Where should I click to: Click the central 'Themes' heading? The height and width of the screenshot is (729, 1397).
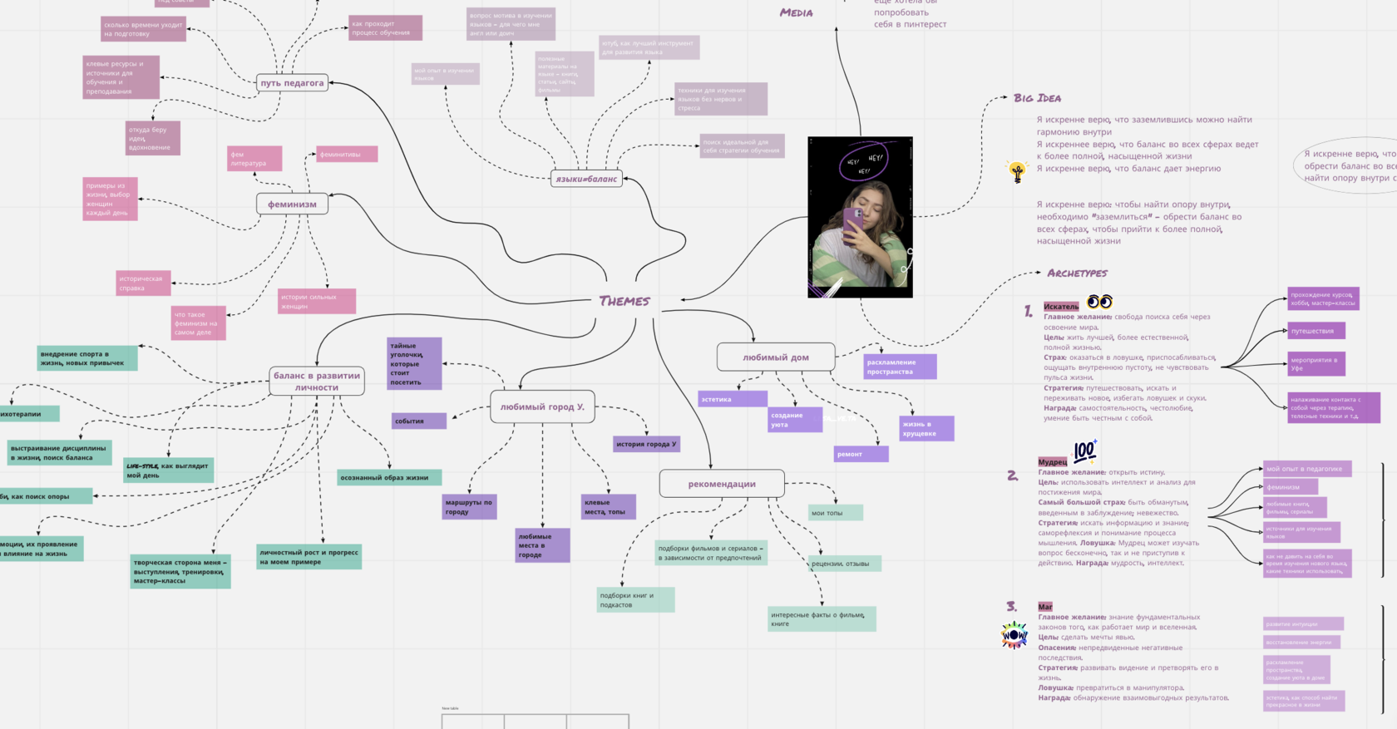[x=624, y=301]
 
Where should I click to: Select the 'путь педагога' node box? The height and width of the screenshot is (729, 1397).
[x=292, y=83]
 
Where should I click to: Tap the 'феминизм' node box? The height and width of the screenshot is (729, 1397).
[x=292, y=204]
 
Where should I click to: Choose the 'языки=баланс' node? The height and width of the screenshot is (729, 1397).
[x=586, y=179]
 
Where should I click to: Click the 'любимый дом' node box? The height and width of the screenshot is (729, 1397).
[x=776, y=357]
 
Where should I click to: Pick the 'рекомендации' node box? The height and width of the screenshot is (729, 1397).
[x=722, y=484]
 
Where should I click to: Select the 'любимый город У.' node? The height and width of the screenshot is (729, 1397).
[x=542, y=407]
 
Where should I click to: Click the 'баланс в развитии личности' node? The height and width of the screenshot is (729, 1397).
[x=317, y=382]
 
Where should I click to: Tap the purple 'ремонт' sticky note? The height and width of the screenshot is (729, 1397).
[x=861, y=455]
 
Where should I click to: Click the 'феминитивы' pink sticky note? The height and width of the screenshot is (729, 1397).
[x=347, y=155]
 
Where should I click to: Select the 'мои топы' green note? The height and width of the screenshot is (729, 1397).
[x=835, y=513]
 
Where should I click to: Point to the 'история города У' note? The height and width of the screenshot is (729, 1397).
[x=646, y=444]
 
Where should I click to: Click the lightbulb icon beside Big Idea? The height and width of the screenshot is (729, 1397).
[x=1017, y=172]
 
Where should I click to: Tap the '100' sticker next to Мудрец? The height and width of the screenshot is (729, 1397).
[x=1084, y=451]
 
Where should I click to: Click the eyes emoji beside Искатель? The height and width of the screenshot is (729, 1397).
[x=1099, y=302]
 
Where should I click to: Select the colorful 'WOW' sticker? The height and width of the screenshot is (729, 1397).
[x=1014, y=635]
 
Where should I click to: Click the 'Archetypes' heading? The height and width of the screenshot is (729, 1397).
[x=1077, y=273]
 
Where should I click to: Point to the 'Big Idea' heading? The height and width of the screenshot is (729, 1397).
[x=1037, y=98]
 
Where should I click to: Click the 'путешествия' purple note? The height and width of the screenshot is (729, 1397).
[x=1316, y=331]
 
